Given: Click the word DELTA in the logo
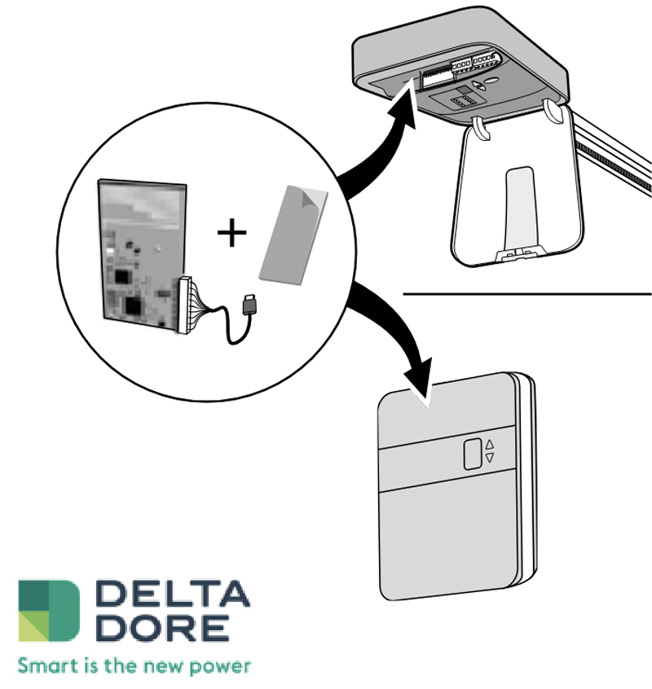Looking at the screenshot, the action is pyautogui.click(x=172, y=593).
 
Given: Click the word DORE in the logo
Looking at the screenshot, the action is pyautogui.click(x=163, y=627).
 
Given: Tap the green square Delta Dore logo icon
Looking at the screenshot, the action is pyautogui.click(x=49, y=610).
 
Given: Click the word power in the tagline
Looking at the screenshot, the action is pyautogui.click(x=220, y=667).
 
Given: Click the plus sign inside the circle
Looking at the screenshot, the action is pyautogui.click(x=231, y=232).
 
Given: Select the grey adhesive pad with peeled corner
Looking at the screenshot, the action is pyautogui.click(x=293, y=235).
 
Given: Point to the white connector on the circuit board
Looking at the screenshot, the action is pyautogui.click(x=185, y=305).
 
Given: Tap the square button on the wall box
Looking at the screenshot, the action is pyautogui.click(x=473, y=454).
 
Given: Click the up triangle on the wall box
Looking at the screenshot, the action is pyautogui.click(x=490, y=444).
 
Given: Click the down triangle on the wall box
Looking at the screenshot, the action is pyautogui.click(x=490, y=458).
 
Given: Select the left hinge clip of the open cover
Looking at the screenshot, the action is pyautogui.click(x=482, y=129).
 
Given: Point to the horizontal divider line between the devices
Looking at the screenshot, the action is pyautogui.click(x=527, y=293).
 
